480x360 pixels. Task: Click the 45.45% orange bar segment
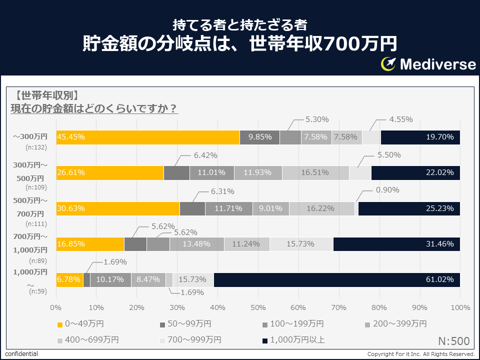tap(148, 137)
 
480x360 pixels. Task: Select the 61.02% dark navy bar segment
tap(337, 279)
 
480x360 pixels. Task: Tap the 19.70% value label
tap(440, 137)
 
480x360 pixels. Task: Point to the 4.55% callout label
tap(401, 119)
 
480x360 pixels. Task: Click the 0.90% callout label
tap(387, 190)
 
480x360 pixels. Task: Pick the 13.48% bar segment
tap(196, 244)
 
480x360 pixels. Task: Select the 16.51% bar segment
tap(315, 172)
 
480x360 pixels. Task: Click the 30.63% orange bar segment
tap(118, 208)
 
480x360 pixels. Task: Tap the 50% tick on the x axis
tap(258, 307)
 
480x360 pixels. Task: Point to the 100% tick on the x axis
tap(460, 307)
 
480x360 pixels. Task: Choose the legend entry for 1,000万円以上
tap(293, 340)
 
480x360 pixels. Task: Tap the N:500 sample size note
tap(454, 341)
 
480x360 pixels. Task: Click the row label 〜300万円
tap(30, 136)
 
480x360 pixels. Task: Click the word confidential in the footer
tap(21, 354)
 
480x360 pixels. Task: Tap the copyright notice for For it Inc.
tap(421, 354)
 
